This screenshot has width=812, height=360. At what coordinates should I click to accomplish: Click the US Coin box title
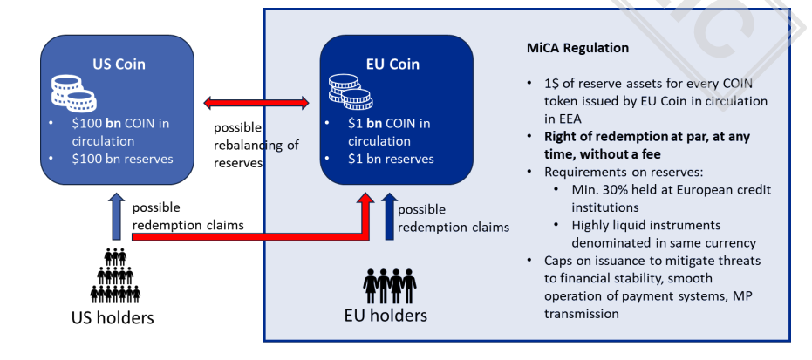119,64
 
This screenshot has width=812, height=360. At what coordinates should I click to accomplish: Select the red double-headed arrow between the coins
258,105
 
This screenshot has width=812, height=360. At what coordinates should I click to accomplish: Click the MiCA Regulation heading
577,48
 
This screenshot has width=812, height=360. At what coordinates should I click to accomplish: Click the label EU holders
392,315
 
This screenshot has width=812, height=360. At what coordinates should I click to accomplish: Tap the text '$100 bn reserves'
122,158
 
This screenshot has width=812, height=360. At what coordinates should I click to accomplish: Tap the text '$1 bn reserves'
391,159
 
